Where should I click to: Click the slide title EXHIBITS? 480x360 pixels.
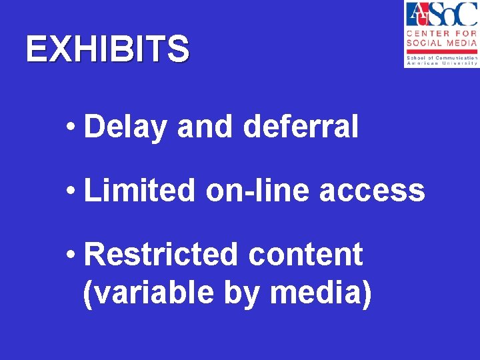(x=107, y=49)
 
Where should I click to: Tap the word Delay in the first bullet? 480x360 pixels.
(x=125, y=127)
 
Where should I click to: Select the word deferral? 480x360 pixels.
(x=301, y=126)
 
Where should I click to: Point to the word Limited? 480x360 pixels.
(x=139, y=190)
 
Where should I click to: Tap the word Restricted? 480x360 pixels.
(x=161, y=254)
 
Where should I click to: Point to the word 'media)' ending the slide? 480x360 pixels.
(x=321, y=293)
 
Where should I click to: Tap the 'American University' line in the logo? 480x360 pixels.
(x=441, y=63)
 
